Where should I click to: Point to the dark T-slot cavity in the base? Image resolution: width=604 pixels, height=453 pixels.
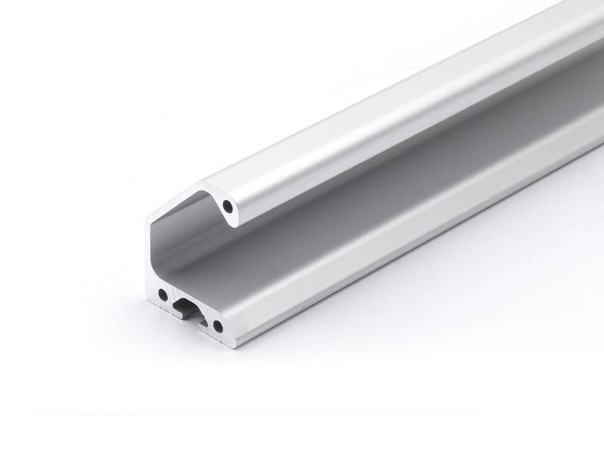point(184,305)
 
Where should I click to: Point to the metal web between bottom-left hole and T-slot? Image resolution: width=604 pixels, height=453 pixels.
point(171,300)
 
